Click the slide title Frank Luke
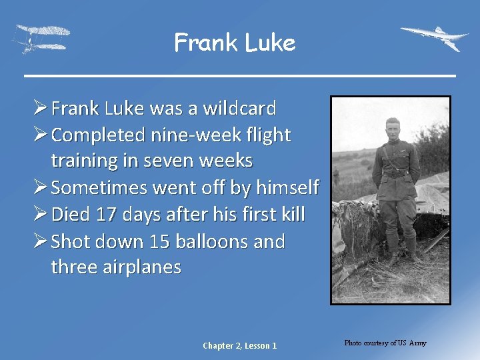tap(234, 43)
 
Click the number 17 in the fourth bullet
tap(105, 215)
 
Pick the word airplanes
tap(142, 267)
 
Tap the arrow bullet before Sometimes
tap(40, 188)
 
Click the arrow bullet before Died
tap(40, 215)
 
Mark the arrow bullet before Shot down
tap(40, 241)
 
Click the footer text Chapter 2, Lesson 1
tap(240, 345)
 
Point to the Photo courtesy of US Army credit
tap(385, 343)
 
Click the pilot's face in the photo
tap(392, 129)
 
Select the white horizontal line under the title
tap(240, 75)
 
